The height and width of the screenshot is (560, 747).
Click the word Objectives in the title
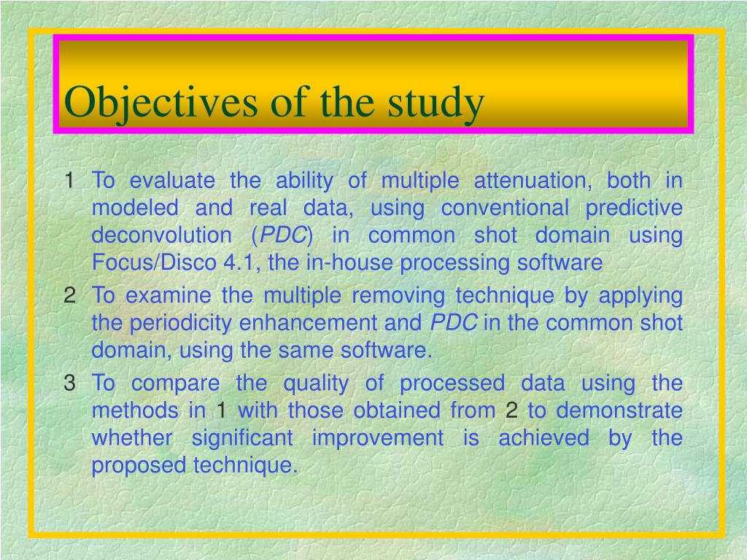pos(160,103)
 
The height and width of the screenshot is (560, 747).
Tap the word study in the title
pos(436,103)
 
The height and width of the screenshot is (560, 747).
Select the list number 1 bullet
pos(69,181)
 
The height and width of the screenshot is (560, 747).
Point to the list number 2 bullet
pos(69,295)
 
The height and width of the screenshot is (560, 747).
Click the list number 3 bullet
pos(69,383)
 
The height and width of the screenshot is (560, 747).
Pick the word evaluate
pos(172,181)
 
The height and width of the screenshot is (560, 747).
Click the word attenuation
pos(533,181)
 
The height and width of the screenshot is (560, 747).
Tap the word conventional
pos(505,208)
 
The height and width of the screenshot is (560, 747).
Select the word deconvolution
pos(161,236)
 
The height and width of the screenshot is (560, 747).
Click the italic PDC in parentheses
pos(283,236)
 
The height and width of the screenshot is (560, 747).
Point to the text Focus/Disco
pos(154,262)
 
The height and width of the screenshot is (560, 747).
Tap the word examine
pos(169,295)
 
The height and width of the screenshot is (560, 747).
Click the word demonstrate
pos(619,411)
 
